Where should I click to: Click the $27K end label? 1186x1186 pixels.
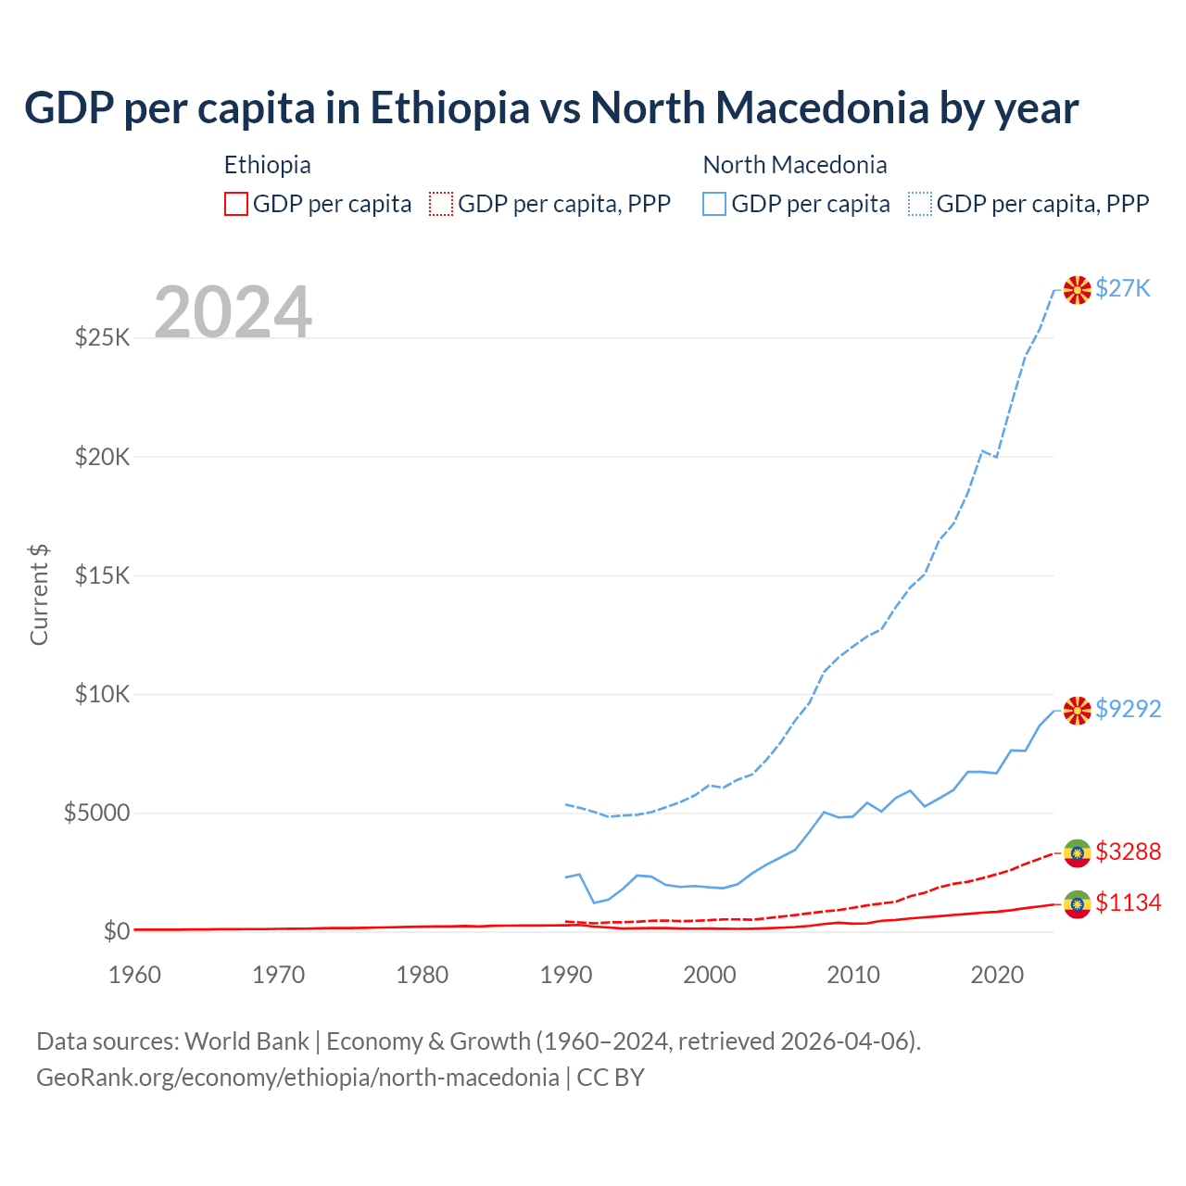coord(1122,289)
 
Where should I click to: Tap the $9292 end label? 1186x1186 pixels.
coord(1128,709)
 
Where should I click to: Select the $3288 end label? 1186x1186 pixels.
coord(1128,852)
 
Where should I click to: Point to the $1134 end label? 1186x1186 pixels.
coord(1128,902)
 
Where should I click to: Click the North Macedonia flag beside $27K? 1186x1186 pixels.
coord(1077,290)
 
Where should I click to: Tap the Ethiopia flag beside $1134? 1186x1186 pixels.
coord(1077,904)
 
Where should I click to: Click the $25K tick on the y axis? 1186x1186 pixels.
coord(103,337)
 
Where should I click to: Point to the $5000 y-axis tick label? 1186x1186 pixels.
coord(96,814)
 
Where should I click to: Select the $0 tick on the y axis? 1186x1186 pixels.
coord(117,931)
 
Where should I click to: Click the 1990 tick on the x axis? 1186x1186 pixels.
coord(565,975)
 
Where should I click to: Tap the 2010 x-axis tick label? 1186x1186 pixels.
coord(852,975)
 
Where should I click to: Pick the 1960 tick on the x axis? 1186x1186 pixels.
coord(135,975)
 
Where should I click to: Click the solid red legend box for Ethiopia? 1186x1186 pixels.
coord(236,204)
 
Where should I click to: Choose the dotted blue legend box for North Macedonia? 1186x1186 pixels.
coord(920,204)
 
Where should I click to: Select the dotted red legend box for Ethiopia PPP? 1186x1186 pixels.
coord(441,204)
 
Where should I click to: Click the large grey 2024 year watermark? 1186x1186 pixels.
coord(233,312)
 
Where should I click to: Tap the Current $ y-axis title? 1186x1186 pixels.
coord(39,595)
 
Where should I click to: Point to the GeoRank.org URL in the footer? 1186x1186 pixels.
coord(297,1078)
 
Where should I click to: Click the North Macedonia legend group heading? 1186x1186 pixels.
coord(795,165)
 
